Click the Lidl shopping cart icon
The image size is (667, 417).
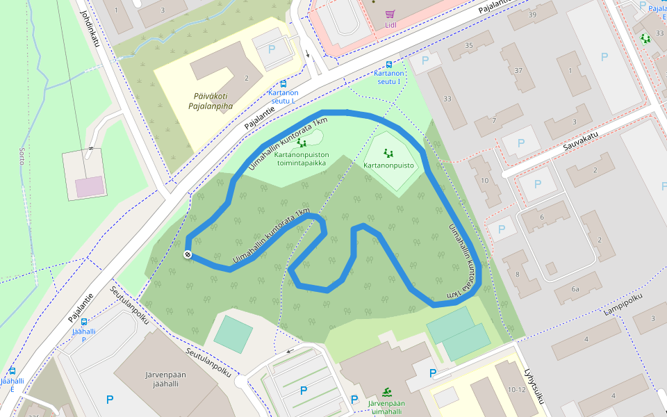click(x=390, y=14)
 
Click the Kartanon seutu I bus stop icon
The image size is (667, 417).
click(x=388, y=64)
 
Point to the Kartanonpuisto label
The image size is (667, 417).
click(x=388, y=165)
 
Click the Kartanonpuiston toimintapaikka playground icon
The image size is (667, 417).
click(x=301, y=142)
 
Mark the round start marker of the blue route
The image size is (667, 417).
click(x=188, y=255)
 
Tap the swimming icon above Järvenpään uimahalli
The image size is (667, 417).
click(x=387, y=393)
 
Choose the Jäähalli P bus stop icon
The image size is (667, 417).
click(x=84, y=322)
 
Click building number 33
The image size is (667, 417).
click(x=447, y=99)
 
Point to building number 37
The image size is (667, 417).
click(x=518, y=70)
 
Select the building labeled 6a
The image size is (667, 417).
click(x=575, y=288)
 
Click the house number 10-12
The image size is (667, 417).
click(x=516, y=389)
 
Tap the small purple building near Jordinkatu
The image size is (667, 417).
click(x=90, y=186)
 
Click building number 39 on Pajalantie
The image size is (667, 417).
click(x=532, y=15)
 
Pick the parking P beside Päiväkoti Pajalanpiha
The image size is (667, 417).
click(x=271, y=49)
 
